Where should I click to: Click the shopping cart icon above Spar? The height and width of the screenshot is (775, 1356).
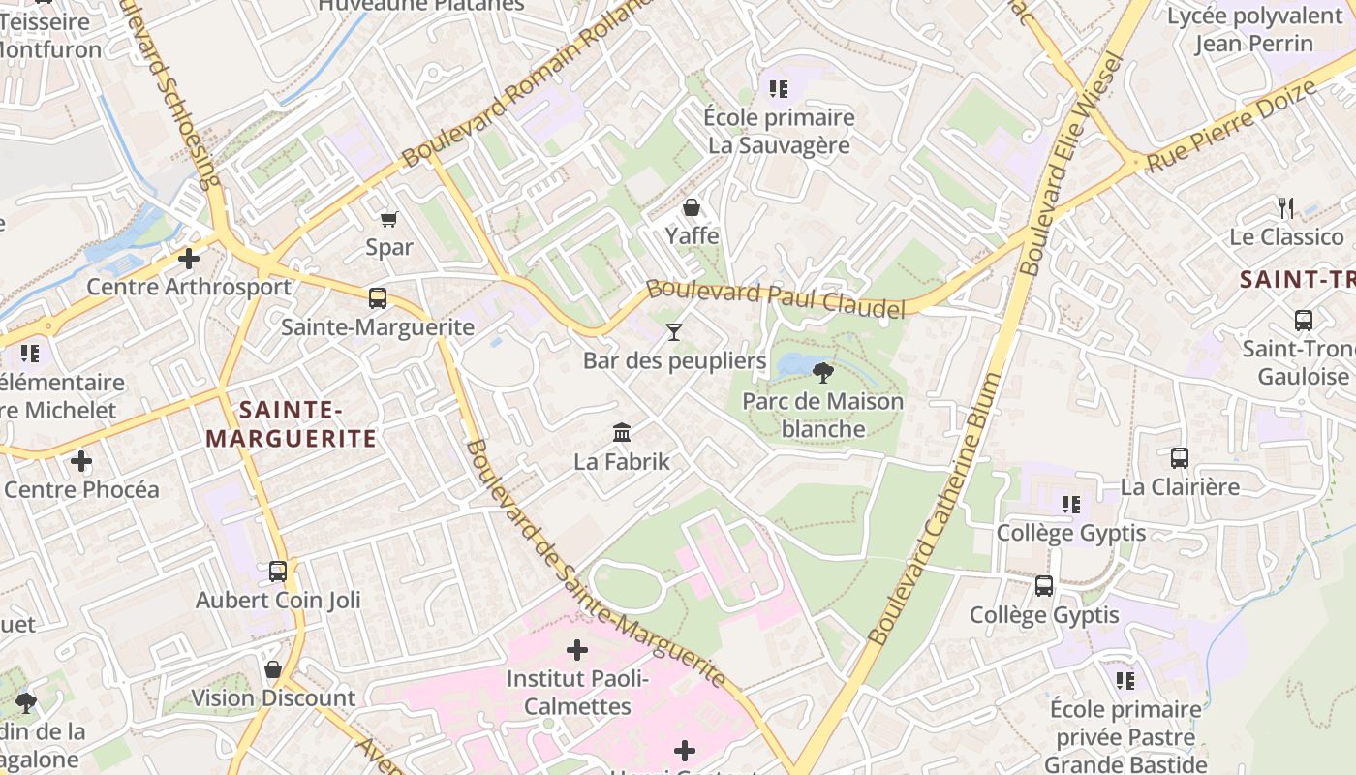389,219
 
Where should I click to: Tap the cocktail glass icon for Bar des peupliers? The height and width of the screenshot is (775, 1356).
674,332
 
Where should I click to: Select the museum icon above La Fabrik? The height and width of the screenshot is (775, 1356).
622,432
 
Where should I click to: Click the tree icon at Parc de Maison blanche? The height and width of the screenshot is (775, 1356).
823,372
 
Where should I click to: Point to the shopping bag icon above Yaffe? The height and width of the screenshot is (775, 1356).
692,207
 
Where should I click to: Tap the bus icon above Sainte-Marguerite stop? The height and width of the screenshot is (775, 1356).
378,298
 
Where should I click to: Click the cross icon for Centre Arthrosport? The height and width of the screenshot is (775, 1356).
189,259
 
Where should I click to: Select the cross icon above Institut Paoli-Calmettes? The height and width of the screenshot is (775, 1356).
577,649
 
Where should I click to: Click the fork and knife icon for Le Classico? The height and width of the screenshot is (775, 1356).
1286,207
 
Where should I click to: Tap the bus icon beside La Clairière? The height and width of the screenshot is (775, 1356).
1180,458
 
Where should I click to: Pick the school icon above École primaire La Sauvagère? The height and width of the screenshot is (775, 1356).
779,89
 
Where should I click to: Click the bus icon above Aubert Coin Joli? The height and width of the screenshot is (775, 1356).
278,572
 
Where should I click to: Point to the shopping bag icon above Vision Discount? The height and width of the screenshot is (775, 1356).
273,669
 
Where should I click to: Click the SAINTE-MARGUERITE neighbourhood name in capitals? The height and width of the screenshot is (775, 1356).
291,424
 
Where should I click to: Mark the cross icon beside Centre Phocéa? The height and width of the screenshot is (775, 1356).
81,461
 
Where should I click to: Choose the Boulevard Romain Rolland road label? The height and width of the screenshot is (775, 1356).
528,82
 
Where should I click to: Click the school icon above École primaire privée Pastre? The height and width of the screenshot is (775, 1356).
1125,681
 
